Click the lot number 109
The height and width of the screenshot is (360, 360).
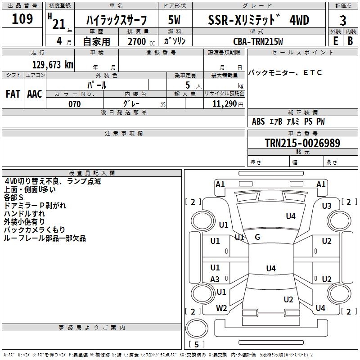click(x=22, y=19)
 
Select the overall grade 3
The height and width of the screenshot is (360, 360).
click(x=343, y=21)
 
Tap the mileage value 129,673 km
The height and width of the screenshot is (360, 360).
click(x=53, y=65)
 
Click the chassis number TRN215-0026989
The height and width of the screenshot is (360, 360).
click(x=302, y=143)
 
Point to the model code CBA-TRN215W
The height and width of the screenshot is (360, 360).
click(x=258, y=41)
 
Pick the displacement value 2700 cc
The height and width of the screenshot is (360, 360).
click(x=141, y=41)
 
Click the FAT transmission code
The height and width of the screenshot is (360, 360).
click(x=13, y=94)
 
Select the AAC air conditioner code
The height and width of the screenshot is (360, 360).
click(x=35, y=94)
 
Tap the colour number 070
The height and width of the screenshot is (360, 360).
click(x=75, y=104)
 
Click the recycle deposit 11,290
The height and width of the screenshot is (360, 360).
click(x=225, y=104)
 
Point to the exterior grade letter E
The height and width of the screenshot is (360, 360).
click(x=335, y=41)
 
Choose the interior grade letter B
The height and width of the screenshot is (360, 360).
click(x=350, y=41)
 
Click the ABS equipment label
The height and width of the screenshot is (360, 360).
click(x=258, y=121)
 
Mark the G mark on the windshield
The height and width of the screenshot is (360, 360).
click(x=257, y=237)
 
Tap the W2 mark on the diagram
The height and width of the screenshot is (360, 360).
click(x=221, y=308)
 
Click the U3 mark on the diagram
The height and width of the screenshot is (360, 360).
click(x=327, y=206)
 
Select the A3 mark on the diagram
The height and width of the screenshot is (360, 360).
click(x=215, y=279)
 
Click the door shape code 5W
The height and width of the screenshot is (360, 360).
click(x=174, y=20)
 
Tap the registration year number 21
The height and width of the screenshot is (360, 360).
click(x=59, y=24)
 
